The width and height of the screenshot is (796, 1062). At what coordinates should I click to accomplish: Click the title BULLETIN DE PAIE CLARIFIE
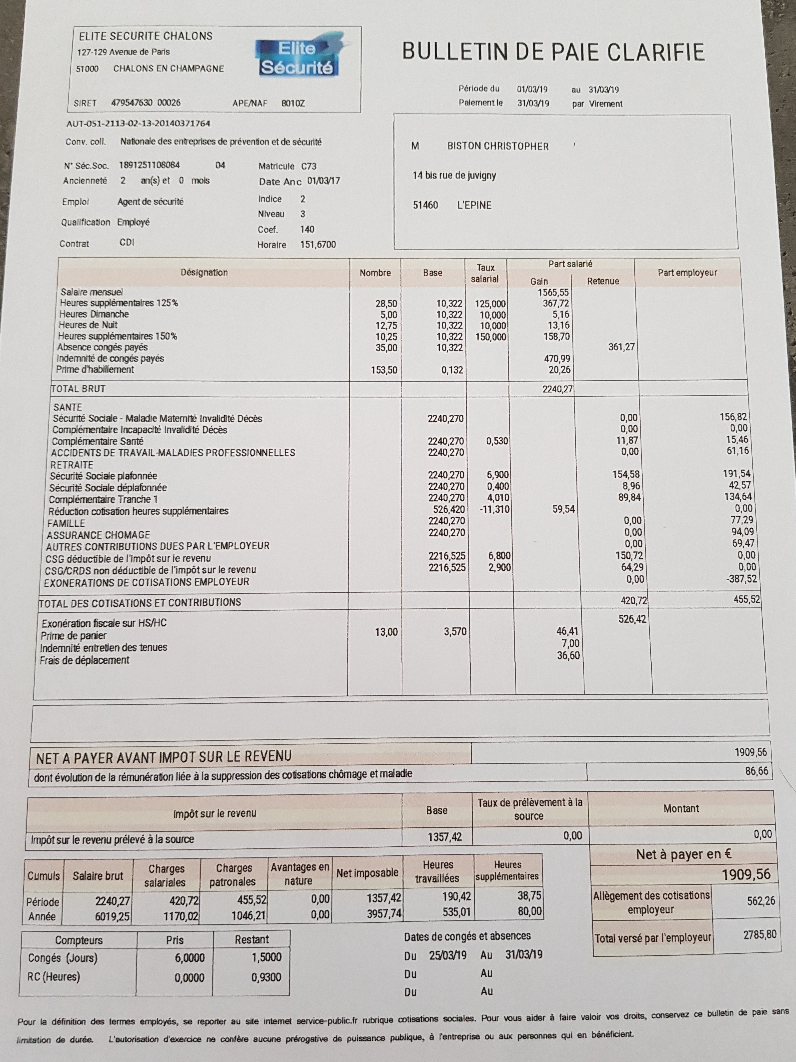(x=553, y=51)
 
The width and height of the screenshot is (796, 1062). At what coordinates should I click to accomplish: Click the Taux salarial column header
(x=485, y=273)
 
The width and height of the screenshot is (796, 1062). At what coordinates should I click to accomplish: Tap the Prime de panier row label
(x=73, y=636)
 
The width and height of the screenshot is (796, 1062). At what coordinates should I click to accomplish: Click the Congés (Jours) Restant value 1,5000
(x=266, y=957)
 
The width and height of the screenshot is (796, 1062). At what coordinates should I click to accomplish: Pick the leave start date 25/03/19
(x=448, y=955)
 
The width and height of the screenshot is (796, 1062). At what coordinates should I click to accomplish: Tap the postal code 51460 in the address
(x=425, y=205)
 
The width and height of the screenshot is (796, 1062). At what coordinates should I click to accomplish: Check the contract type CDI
(x=127, y=243)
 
